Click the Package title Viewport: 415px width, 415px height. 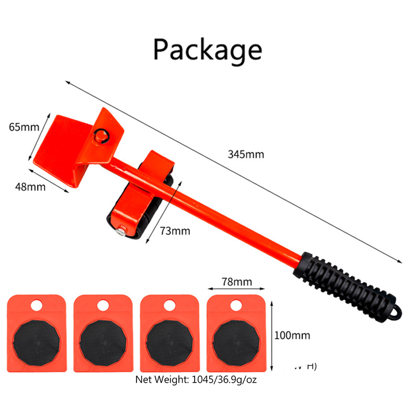pos(208,50)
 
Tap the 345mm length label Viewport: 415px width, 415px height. pos(245,154)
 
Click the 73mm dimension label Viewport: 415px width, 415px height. pos(173,230)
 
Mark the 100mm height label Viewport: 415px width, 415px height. pos(293,335)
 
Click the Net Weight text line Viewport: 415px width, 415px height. pos(196,380)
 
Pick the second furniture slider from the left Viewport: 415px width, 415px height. pos(103,333)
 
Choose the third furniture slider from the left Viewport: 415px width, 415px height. pos(170,333)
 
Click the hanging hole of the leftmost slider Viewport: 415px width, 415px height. pos(37,306)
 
